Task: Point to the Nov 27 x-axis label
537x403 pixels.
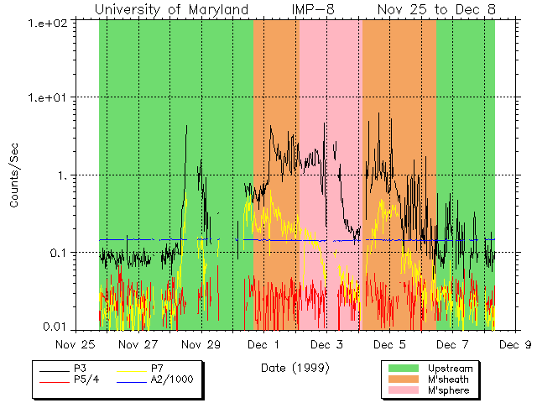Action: point(139,343)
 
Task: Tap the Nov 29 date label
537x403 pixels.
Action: point(201,343)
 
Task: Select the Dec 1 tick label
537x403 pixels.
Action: point(264,343)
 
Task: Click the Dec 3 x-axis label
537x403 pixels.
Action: point(326,343)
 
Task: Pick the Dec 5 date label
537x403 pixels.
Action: point(389,343)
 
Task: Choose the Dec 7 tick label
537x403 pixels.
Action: point(452,343)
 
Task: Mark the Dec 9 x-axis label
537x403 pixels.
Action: point(514,343)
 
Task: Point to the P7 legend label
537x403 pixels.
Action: point(157,369)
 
